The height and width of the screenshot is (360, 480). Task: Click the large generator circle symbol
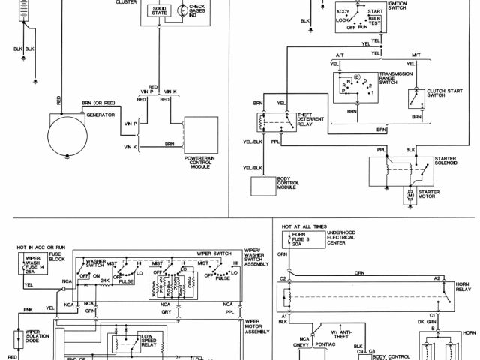tap(68, 138)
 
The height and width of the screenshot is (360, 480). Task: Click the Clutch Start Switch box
tap(413, 99)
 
